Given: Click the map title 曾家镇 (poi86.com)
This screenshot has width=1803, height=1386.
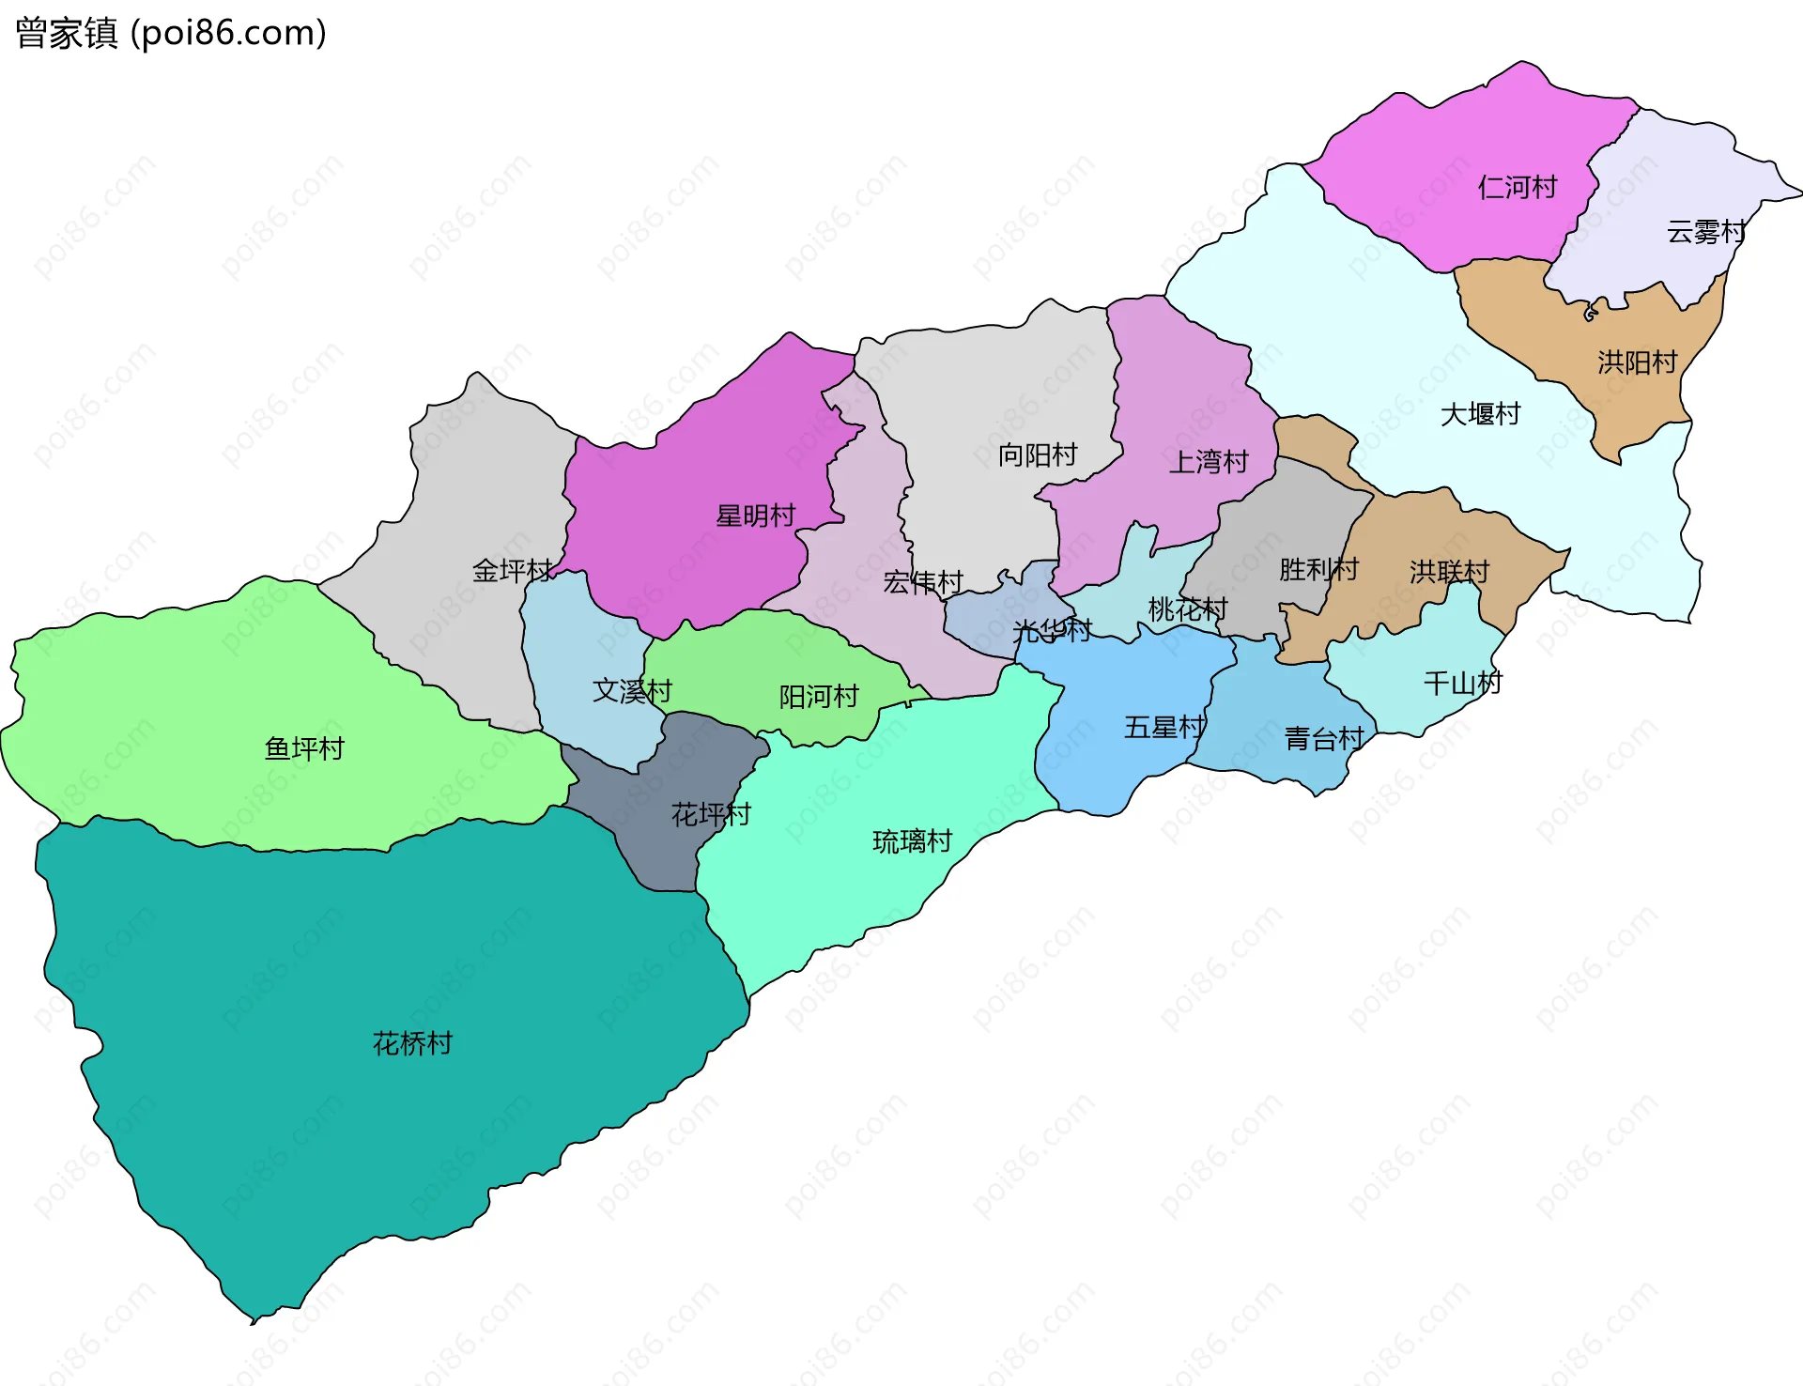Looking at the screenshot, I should coord(171,33).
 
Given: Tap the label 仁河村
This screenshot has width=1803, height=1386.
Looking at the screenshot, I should coord(1517,188).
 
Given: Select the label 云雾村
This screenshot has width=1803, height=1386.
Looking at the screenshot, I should coord(1705,232).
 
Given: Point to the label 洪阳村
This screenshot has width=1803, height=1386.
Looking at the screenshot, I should coord(1637,362).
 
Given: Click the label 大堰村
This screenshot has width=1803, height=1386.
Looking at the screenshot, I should coord(1480,414).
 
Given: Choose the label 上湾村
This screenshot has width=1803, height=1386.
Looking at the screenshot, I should coord(1208,462).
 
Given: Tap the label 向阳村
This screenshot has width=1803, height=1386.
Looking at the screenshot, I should coord(1037,455).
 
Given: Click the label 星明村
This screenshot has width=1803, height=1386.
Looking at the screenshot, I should coord(755,516).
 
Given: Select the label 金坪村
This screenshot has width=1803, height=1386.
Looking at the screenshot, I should coord(512,570).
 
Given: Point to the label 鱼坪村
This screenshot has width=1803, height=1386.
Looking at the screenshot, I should coord(304,748).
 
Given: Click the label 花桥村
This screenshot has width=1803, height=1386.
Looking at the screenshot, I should coord(412,1043).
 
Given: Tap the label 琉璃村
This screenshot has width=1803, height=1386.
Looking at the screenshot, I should coord(912,841).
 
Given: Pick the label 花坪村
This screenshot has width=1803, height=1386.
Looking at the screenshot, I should coord(711,814).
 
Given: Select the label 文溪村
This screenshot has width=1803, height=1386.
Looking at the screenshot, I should coord(632,691).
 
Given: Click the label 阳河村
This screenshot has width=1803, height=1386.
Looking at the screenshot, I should coord(819,697).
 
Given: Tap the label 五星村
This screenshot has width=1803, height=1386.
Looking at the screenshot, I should coord(1164,728).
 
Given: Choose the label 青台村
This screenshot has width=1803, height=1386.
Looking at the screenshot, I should coord(1324,739).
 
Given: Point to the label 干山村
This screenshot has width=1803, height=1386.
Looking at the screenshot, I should coord(1463,683).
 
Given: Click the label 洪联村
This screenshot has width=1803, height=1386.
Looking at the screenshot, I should coord(1449,571).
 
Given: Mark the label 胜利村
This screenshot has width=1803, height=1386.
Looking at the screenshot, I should coord(1318,569).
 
